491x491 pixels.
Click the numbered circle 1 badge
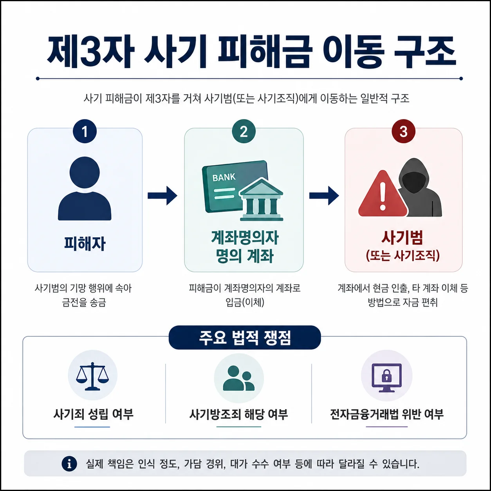point(85,131)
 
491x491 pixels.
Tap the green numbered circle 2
point(244,131)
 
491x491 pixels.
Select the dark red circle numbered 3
point(403,131)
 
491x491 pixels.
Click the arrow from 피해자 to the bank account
point(162,195)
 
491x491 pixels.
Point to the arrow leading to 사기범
point(324,195)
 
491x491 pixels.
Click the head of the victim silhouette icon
point(85,172)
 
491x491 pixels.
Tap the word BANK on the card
point(224,177)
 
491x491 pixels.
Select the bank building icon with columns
point(261,200)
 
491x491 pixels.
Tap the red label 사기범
point(403,238)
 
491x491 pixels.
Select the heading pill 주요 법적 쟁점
point(245,338)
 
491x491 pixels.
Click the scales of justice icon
point(92,376)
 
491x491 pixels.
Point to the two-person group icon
point(238,378)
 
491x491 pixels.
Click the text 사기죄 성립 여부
point(93,414)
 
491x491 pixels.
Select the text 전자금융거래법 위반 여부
point(387,414)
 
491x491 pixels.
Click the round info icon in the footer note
point(69,464)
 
